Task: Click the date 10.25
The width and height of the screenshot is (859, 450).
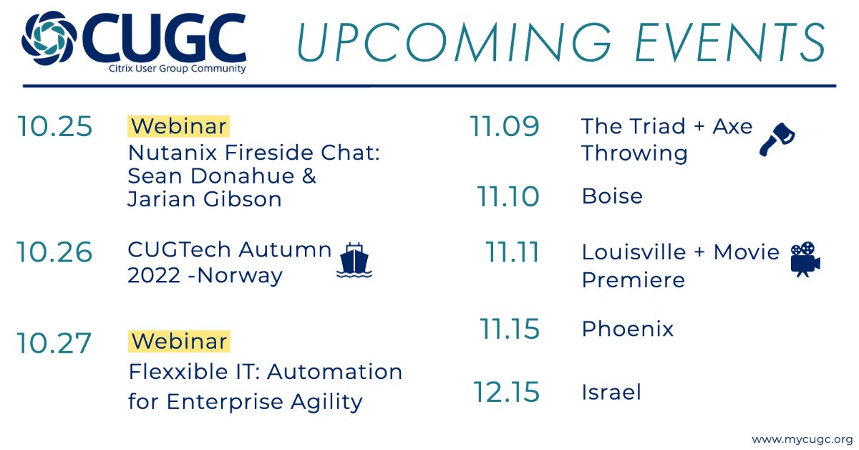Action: click(x=55, y=127)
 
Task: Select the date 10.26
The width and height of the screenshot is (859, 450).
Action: click(x=55, y=252)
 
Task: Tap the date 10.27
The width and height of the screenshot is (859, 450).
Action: click(x=55, y=343)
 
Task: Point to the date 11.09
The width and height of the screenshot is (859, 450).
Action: click(x=505, y=127)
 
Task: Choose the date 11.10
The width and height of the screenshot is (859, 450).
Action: click(x=508, y=196)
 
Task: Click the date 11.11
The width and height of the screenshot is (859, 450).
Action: click(x=512, y=252)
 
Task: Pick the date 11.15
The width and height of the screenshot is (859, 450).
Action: click(x=509, y=329)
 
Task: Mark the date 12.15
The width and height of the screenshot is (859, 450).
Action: click(x=506, y=392)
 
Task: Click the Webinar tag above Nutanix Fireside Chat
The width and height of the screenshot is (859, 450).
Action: click(x=179, y=126)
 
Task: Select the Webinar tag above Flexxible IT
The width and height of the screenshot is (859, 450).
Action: click(x=179, y=341)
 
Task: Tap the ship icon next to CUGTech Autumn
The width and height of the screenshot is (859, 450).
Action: click(x=354, y=260)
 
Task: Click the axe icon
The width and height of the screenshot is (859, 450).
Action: click(x=777, y=139)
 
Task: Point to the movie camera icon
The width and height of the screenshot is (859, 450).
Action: click(x=805, y=259)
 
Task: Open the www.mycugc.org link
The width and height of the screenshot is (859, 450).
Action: click(x=802, y=438)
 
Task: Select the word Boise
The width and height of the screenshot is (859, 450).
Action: click(x=612, y=196)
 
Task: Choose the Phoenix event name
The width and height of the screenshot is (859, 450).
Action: click(x=628, y=329)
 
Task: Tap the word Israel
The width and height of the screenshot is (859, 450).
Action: click(x=611, y=392)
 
